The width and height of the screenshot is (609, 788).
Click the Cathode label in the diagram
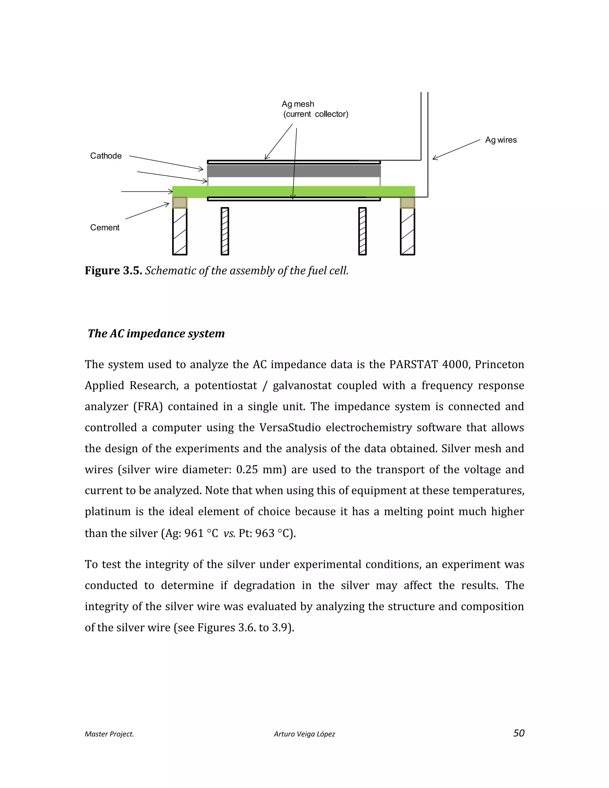coord(106,156)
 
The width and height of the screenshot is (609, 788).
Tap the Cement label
coord(105,228)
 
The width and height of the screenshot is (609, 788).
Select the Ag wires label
coord(501,140)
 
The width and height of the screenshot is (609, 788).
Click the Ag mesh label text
coord(298,104)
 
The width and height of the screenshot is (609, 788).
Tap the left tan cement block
coord(180,203)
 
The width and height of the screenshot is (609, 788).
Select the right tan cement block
coord(408,203)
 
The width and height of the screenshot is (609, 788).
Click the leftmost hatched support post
coord(180,232)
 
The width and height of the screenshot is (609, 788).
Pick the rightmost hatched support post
coord(408,232)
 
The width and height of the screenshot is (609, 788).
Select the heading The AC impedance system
coord(156,333)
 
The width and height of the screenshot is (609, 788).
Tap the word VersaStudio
coord(290,428)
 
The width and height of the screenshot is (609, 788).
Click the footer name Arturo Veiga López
coord(304,734)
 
